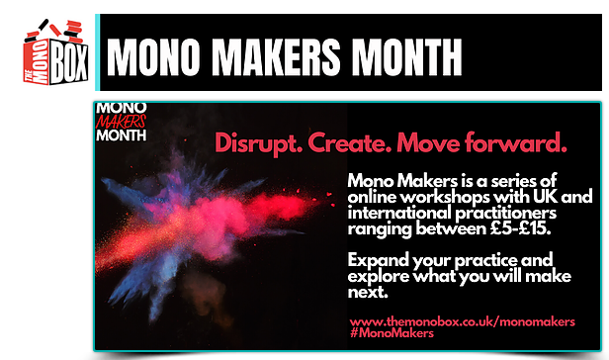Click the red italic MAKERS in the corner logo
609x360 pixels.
pos(124,122)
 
